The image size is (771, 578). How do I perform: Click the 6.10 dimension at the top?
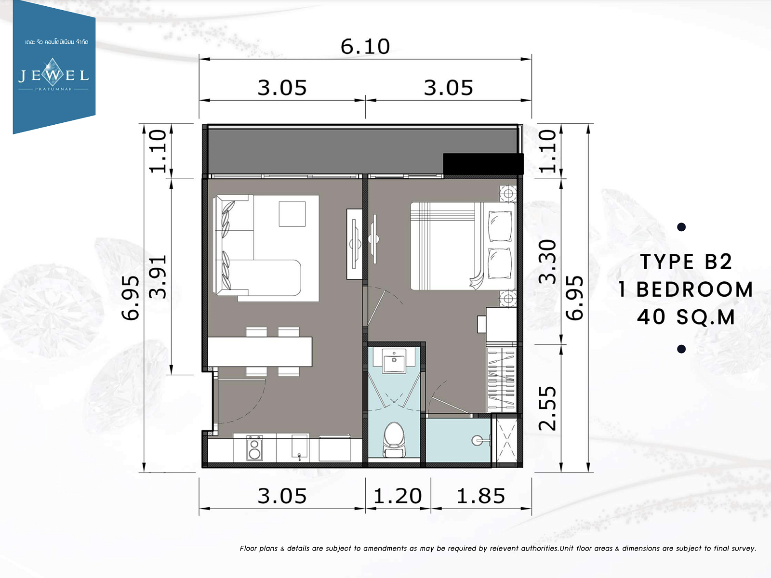(x=365, y=46)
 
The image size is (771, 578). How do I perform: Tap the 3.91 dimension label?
(x=158, y=277)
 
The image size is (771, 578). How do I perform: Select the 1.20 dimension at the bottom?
(x=397, y=496)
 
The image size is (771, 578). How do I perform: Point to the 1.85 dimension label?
(x=481, y=496)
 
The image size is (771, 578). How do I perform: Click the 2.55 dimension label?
(x=547, y=408)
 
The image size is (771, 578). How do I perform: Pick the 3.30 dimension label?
(x=547, y=262)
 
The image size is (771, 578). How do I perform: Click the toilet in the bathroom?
(x=394, y=440)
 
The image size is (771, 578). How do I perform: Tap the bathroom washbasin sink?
(x=394, y=361)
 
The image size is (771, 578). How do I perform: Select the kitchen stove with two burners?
(x=254, y=448)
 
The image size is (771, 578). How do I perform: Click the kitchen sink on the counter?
(x=300, y=447)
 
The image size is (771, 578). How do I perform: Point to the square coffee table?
(x=292, y=214)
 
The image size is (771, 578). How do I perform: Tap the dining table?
(x=260, y=352)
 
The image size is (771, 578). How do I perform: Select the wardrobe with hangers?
(x=501, y=380)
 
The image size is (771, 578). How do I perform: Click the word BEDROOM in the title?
(x=694, y=289)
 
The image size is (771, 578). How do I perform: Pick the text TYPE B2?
(x=686, y=262)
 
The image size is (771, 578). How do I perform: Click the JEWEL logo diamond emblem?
(x=53, y=72)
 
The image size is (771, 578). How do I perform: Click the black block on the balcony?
(x=483, y=164)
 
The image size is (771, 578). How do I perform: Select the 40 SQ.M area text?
(x=686, y=317)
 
